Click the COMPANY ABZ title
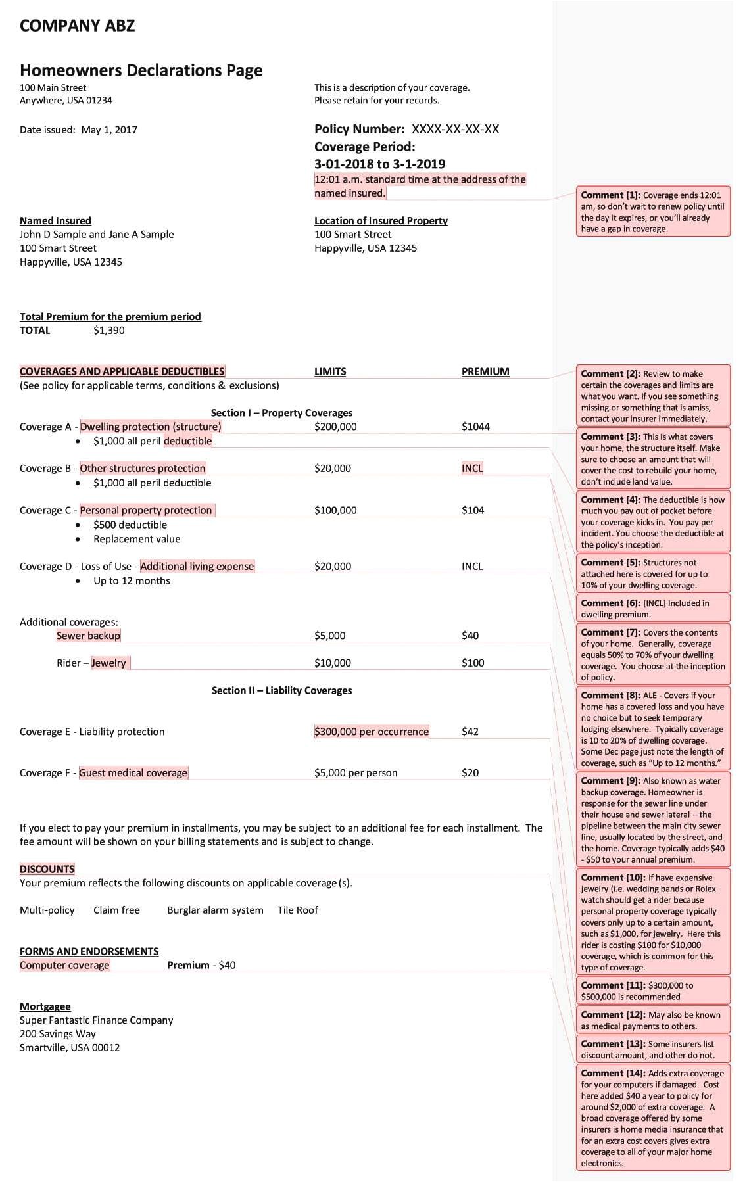click(77, 26)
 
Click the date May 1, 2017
click(109, 130)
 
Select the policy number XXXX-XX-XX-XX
click(455, 129)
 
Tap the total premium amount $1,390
click(108, 330)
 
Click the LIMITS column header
click(330, 371)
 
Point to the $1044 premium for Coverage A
click(475, 427)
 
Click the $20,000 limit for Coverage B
click(332, 468)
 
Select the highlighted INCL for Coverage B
click(472, 468)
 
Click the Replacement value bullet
click(137, 539)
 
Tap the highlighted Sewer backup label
click(88, 636)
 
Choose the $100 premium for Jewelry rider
click(473, 663)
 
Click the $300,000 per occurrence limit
click(372, 732)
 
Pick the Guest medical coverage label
click(133, 773)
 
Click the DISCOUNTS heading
click(47, 869)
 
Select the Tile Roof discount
click(297, 910)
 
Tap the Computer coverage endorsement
click(64, 965)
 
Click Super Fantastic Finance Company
click(96, 1020)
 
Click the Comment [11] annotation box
click(653, 991)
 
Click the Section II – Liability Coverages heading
click(281, 690)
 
